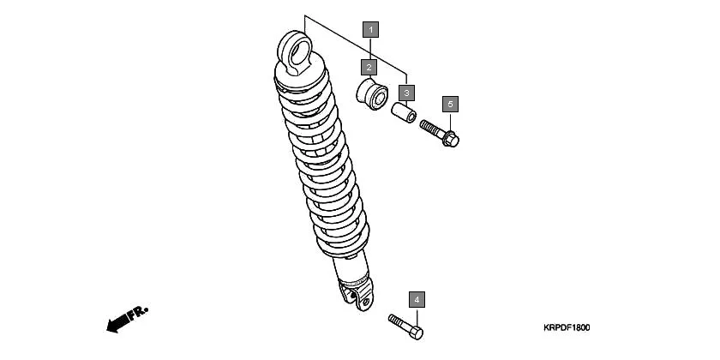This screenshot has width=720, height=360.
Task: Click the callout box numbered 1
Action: (369, 29)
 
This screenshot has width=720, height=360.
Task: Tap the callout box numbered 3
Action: (406, 92)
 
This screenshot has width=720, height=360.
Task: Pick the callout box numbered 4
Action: (416, 300)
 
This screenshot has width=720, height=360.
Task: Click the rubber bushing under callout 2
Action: (371, 93)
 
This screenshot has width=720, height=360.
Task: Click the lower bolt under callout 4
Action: (405, 326)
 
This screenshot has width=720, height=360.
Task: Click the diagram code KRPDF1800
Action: (567, 327)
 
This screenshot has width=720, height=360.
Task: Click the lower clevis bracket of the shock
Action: (357, 297)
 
